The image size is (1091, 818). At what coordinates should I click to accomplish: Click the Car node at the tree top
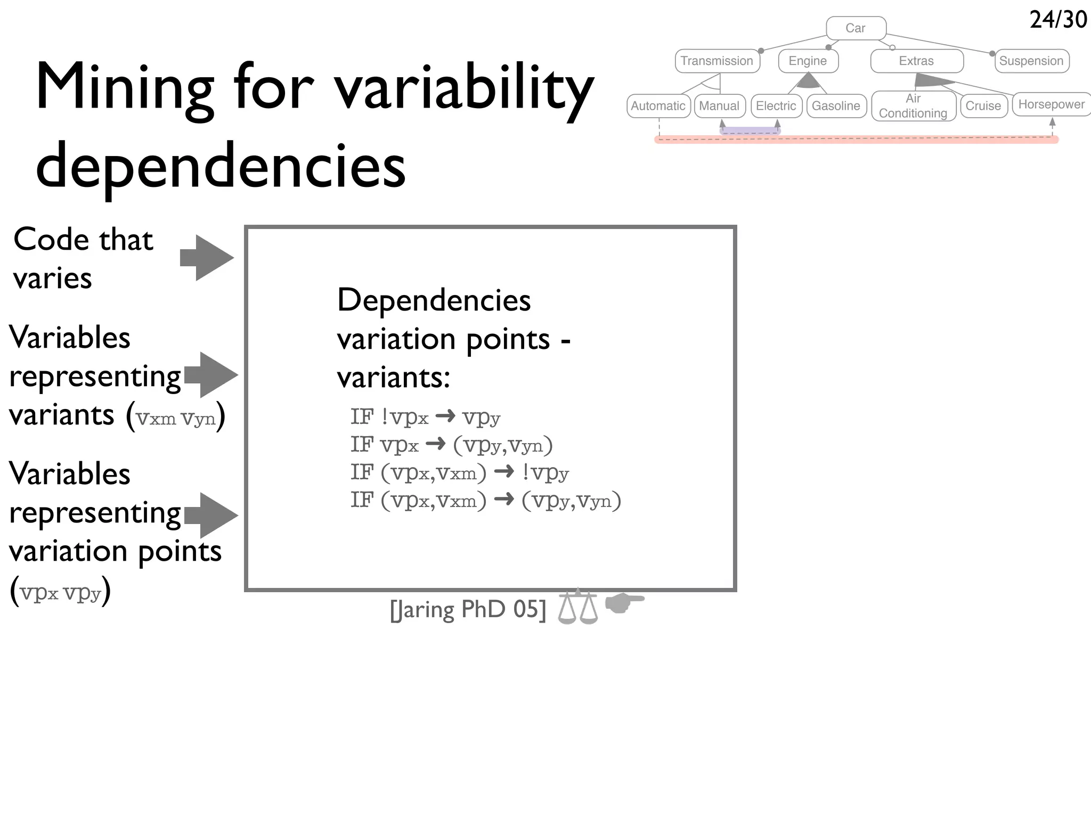[x=856, y=28]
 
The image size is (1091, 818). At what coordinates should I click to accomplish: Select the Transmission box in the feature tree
[x=717, y=61]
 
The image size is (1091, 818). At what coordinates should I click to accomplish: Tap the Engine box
[x=808, y=61]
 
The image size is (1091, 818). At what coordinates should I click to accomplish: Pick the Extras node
[x=916, y=61]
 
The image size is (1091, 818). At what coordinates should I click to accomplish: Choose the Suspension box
[x=1031, y=61]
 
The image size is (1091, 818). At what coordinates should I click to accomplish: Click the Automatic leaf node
[x=658, y=105]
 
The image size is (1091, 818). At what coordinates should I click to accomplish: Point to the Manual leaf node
[x=719, y=105]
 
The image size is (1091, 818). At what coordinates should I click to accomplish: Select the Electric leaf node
[x=776, y=105]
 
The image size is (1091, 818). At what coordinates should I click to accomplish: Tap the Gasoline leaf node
[x=836, y=105]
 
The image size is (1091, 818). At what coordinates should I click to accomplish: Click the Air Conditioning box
[x=913, y=105]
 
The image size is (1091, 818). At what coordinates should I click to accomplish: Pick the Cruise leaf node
[x=983, y=105]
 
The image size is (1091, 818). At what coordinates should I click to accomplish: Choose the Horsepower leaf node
[x=1051, y=104]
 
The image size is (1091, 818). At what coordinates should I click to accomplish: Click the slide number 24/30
[x=1058, y=20]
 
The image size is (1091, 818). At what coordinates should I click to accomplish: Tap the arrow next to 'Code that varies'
[x=207, y=258]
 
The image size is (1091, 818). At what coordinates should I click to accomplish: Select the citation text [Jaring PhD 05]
[x=468, y=610]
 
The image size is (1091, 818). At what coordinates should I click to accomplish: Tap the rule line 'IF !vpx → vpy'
[x=425, y=417]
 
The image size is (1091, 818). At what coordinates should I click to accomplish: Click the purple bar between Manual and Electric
[x=750, y=130]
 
